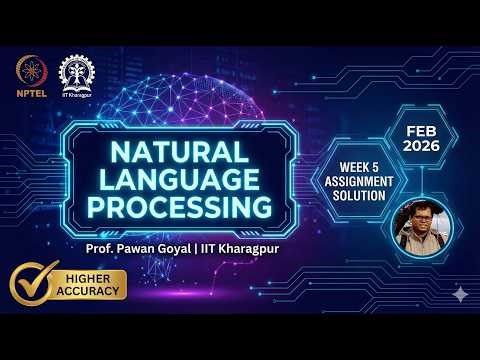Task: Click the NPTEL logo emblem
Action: pos(30,70)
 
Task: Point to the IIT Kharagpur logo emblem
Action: pos(76,71)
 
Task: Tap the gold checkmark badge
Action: pos(35,284)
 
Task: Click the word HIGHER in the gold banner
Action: pos(97,277)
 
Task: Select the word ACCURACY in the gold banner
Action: pos(97,291)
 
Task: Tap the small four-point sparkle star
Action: pos(459,294)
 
